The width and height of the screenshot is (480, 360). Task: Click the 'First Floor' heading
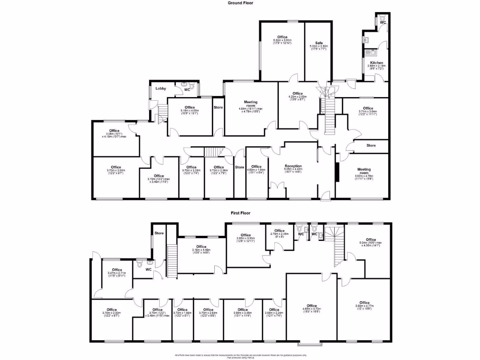point(240,212)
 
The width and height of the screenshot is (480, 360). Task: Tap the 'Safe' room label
point(319,43)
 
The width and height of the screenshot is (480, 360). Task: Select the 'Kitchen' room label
point(376,63)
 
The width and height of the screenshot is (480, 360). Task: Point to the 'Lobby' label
point(161,88)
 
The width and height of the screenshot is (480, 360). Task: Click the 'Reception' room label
point(293,166)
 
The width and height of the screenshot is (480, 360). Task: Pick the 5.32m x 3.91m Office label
point(282,37)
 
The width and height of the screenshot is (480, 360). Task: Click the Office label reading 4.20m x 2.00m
point(298,94)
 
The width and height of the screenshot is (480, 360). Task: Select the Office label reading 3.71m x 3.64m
point(368,108)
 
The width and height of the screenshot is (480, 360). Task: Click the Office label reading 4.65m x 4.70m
point(312,306)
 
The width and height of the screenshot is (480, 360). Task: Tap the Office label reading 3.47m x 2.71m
point(117,270)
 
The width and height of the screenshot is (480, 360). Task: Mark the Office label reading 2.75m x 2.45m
point(279,231)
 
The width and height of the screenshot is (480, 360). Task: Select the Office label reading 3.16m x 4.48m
point(201,247)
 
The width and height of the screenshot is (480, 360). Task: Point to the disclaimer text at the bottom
point(240,356)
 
